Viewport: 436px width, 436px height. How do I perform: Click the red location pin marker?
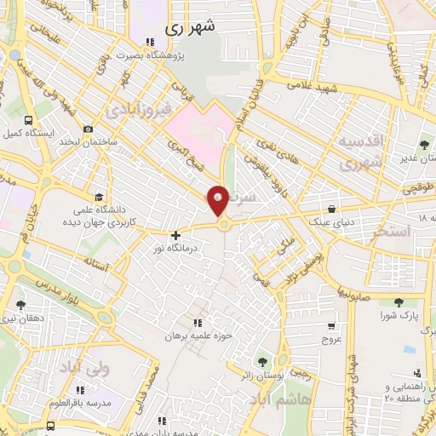pos(218,199)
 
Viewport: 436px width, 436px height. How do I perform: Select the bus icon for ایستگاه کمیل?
pos(30,121)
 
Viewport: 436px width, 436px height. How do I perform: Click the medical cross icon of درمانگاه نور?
pos(175,235)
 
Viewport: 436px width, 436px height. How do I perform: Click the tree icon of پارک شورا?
pos(399,303)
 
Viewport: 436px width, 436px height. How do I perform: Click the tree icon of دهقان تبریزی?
pos(20,304)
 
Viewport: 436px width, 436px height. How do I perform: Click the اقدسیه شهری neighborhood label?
pos(362,152)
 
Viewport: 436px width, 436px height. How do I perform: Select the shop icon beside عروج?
pos(331,326)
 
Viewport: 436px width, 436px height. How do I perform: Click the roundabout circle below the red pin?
pos(224,225)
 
